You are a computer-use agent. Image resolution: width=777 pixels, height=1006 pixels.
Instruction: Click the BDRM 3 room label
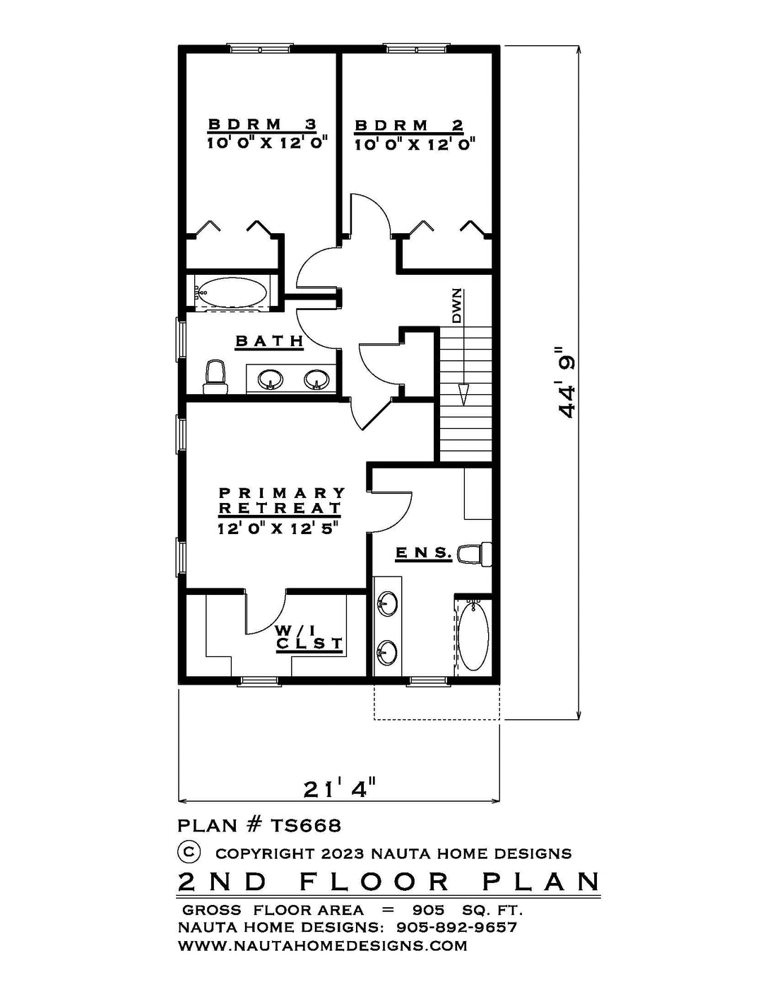tap(262, 124)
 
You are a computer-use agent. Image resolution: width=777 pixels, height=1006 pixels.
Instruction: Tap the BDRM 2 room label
tap(409, 126)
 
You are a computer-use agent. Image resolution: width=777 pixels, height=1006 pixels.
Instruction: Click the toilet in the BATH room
tap(215, 377)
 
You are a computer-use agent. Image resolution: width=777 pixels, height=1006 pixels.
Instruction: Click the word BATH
tap(269, 341)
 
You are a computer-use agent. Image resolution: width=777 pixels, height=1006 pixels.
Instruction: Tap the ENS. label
tap(423, 552)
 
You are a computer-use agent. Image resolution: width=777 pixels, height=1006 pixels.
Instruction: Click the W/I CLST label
tap(309, 637)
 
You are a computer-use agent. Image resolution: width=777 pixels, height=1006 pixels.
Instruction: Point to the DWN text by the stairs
tap(457, 306)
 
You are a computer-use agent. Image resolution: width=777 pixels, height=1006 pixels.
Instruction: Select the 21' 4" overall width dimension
tap(340, 789)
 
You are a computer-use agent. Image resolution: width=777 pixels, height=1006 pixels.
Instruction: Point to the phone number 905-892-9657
tap(457, 928)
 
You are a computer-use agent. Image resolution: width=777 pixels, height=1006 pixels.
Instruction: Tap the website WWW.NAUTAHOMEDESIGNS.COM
tap(323, 945)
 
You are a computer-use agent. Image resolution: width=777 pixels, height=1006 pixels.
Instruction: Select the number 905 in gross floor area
tap(428, 910)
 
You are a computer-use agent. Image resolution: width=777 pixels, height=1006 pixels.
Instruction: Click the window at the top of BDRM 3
tap(260, 48)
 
